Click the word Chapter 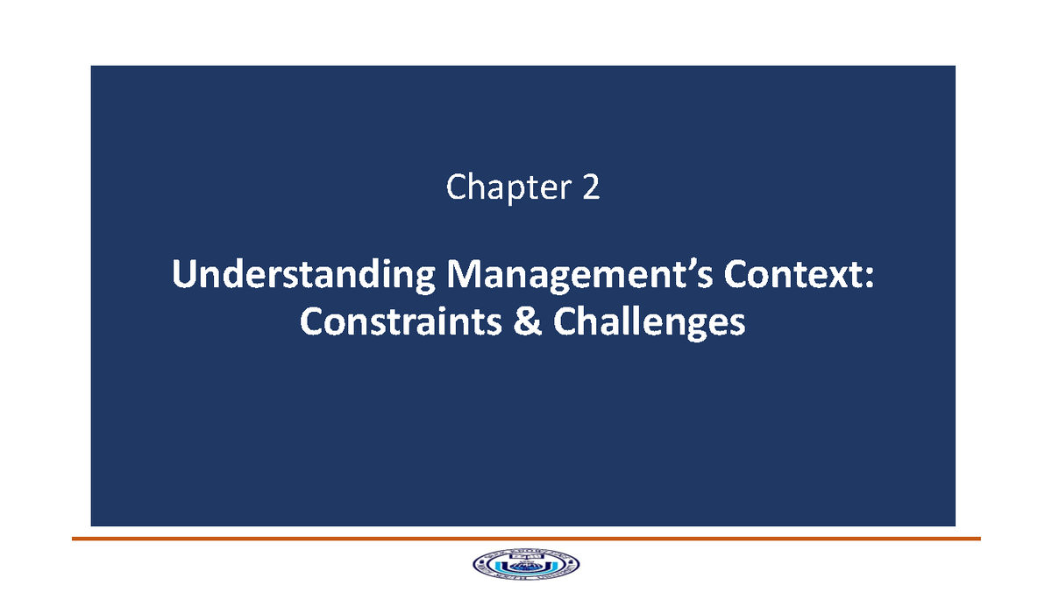click(x=507, y=187)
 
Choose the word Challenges click(x=650, y=323)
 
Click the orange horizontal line click(x=526, y=539)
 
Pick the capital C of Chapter click(x=457, y=187)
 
